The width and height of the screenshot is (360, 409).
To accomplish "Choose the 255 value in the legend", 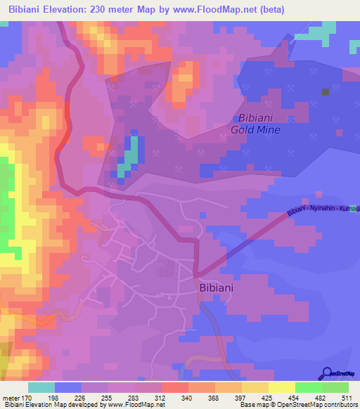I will pyautogui.click(x=108, y=398).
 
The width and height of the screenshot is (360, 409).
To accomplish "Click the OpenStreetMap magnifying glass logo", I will pyautogui.click(x=327, y=374).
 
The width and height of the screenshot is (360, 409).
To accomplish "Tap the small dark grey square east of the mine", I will pyautogui.click(x=325, y=91).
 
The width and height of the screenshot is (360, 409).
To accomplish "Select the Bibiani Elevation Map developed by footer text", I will pyautogui.click(x=46, y=405).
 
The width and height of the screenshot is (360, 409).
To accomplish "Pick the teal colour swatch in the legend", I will pyautogui.click(x=41, y=387).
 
